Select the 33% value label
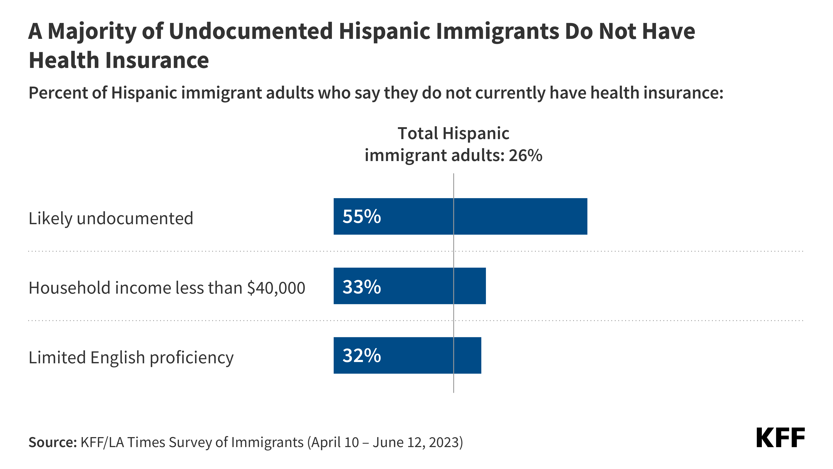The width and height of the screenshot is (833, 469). (x=362, y=286)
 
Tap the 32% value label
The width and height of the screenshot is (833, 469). (x=362, y=356)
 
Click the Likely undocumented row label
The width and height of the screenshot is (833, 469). (x=111, y=218)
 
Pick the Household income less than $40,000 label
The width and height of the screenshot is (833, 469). (x=167, y=288)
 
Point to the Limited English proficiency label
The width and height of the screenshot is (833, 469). (x=131, y=357)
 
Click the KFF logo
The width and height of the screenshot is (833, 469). (x=780, y=438)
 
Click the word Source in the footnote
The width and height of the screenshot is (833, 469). (x=52, y=442)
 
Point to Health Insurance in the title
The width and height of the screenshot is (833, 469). (x=119, y=61)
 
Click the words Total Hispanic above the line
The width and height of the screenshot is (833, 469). (x=453, y=134)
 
